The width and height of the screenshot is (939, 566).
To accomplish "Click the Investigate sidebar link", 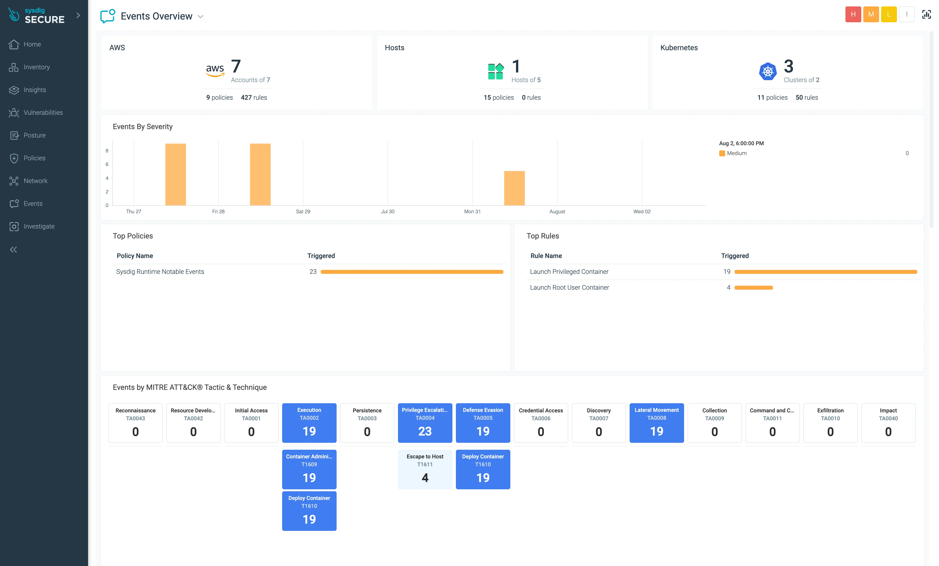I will pyautogui.click(x=39, y=226).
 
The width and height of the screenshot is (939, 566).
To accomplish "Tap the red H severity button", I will pyautogui.click(x=853, y=15).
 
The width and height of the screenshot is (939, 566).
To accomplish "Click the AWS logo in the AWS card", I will pyautogui.click(x=215, y=70).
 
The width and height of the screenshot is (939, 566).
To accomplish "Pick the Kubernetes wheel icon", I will pyautogui.click(x=767, y=71).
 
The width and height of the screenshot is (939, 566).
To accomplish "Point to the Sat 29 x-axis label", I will pyautogui.click(x=303, y=212).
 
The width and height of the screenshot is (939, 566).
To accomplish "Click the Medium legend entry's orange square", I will pyautogui.click(x=722, y=154).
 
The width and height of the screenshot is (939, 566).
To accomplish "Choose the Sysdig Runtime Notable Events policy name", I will pyautogui.click(x=160, y=272).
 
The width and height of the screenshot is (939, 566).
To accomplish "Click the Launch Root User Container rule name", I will pyautogui.click(x=569, y=287).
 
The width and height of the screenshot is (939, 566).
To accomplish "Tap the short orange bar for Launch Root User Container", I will pyautogui.click(x=753, y=287).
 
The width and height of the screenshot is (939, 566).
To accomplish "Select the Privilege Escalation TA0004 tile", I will pyautogui.click(x=425, y=423).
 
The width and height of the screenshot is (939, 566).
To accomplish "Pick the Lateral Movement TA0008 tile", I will pyautogui.click(x=656, y=423).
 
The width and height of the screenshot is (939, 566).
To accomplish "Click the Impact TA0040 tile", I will pyautogui.click(x=888, y=423).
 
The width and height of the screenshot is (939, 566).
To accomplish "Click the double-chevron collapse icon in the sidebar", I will pyautogui.click(x=14, y=250).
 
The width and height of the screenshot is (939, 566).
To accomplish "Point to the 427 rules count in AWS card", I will pyautogui.click(x=254, y=97).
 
